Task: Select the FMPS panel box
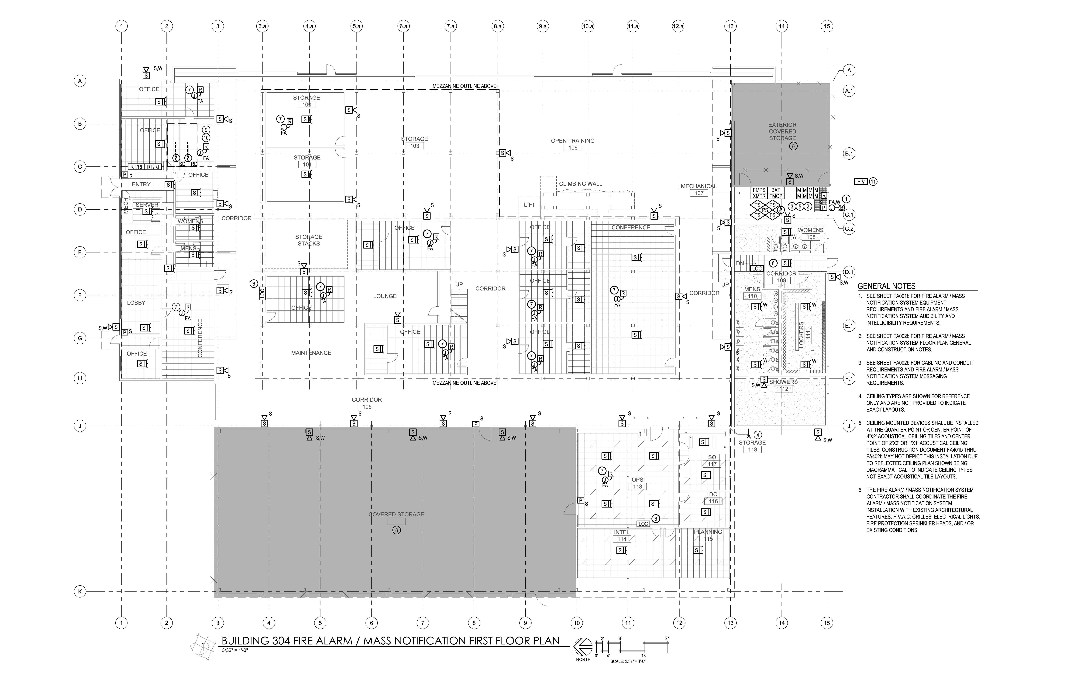(x=759, y=190)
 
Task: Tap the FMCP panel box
(x=776, y=196)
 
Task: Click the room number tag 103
(x=414, y=146)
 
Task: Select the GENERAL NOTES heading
(x=886, y=286)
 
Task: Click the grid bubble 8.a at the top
(x=497, y=26)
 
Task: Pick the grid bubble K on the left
(x=80, y=591)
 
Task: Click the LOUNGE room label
(x=385, y=296)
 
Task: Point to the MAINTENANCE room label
(x=311, y=353)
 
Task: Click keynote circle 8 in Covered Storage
(x=396, y=530)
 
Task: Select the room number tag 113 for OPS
(x=637, y=486)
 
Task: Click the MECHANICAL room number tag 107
(x=699, y=193)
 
